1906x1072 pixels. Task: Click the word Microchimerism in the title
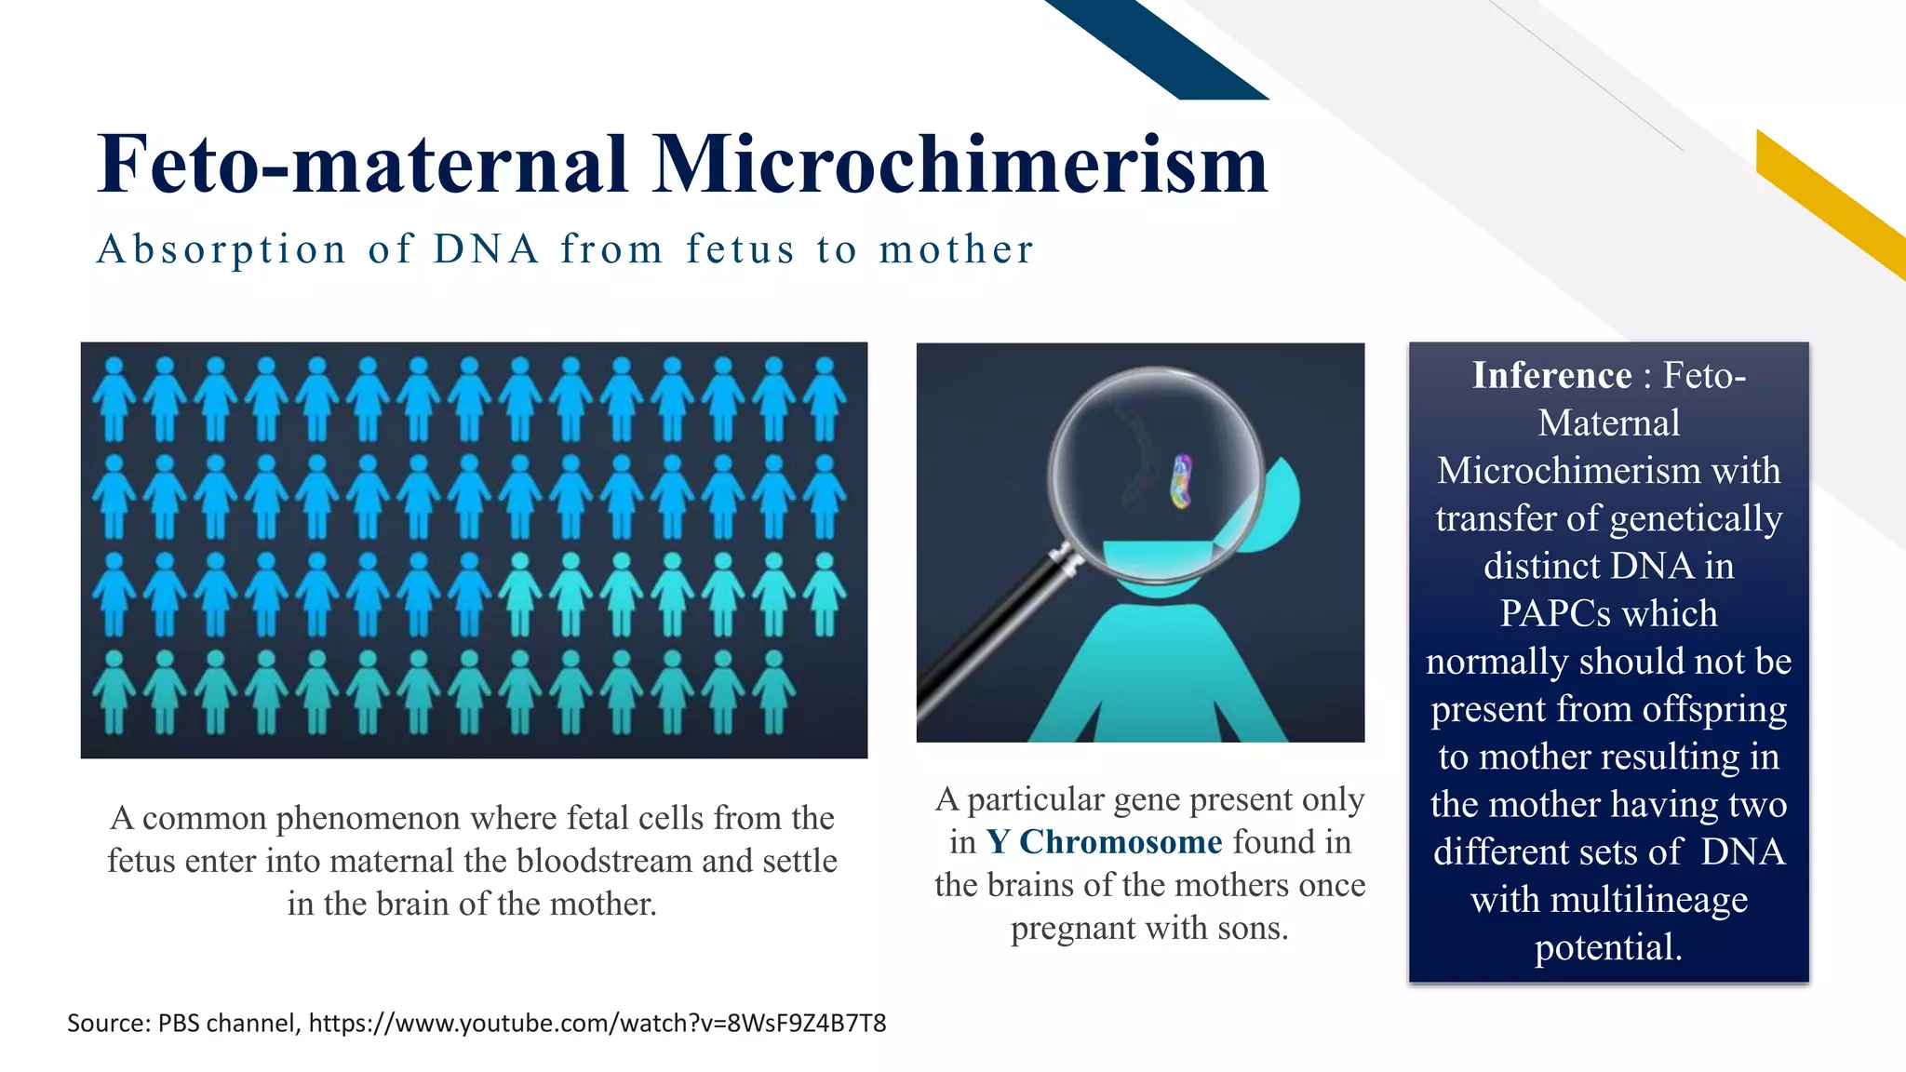(x=959, y=165)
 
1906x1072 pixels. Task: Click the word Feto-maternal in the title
(x=363, y=165)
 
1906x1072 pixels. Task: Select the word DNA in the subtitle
(x=486, y=249)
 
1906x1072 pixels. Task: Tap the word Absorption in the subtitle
(x=221, y=249)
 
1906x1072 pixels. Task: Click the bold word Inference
(x=1551, y=376)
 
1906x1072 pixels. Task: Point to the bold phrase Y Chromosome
(x=1104, y=842)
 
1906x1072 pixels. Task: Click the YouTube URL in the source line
(x=597, y=1024)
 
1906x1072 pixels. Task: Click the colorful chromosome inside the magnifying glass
(x=1181, y=481)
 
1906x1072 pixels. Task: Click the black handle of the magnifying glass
(x=987, y=633)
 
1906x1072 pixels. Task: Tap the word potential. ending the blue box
(x=1608, y=948)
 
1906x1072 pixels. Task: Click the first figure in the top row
(x=114, y=399)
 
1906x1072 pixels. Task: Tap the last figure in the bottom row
(x=772, y=691)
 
